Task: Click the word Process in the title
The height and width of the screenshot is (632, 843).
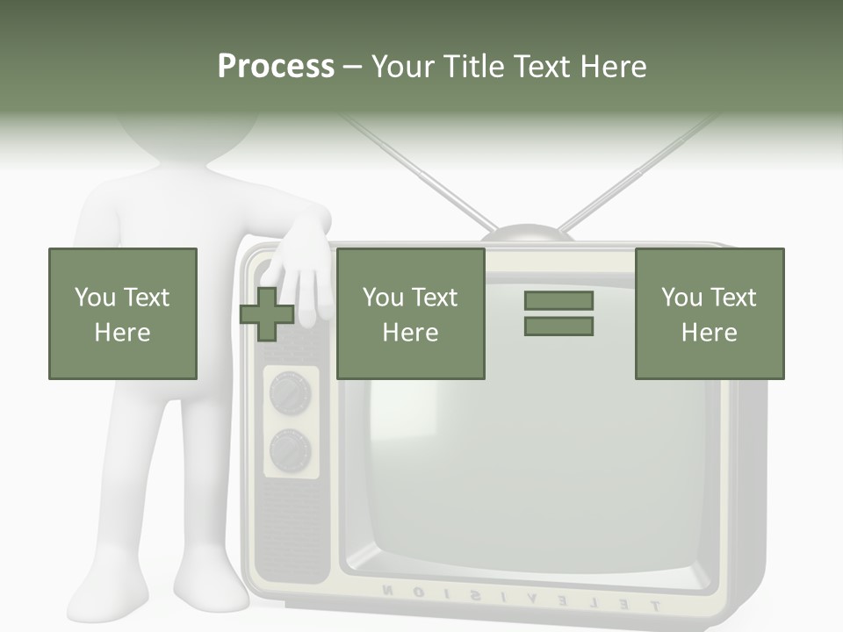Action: click(276, 67)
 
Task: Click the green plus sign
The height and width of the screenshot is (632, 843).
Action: click(267, 314)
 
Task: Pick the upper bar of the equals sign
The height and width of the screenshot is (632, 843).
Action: click(558, 301)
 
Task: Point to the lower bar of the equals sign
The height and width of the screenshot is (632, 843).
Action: click(558, 327)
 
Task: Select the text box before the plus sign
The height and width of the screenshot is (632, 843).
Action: click(123, 314)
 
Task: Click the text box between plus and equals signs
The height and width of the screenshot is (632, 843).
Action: click(411, 314)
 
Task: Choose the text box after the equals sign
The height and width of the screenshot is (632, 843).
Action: click(710, 314)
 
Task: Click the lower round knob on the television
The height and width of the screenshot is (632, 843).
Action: click(289, 451)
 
